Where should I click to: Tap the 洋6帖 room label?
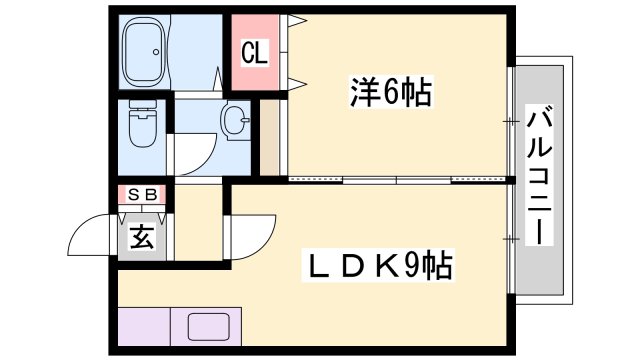[391, 93]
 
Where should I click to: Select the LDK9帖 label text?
[379, 266]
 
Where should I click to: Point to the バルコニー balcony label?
[540, 174]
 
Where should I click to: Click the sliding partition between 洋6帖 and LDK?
[400, 180]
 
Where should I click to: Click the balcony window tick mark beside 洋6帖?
[511, 122]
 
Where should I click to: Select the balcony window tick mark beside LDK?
[511, 238]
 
